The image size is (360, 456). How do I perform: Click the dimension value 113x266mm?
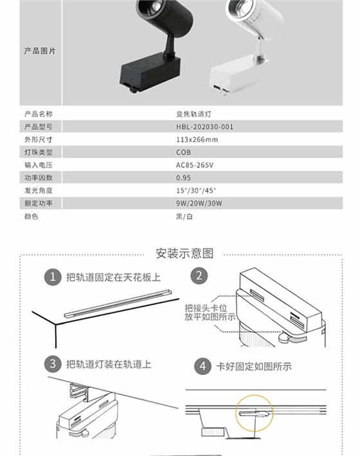tap(197, 139)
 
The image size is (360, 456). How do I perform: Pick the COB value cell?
tap(183, 152)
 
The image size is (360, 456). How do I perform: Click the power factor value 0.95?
tap(183, 178)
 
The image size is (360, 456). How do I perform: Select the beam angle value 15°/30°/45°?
tap(196, 191)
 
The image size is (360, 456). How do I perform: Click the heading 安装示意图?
tap(184, 252)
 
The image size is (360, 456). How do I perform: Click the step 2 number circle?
tap(200, 276)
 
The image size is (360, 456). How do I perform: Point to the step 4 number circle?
tap(203, 366)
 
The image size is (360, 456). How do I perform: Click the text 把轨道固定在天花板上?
tap(113, 277)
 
